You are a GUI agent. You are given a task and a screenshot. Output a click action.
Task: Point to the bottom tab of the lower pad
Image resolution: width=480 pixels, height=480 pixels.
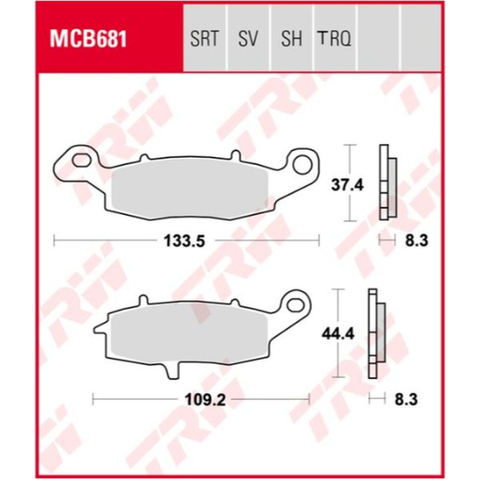173,371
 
